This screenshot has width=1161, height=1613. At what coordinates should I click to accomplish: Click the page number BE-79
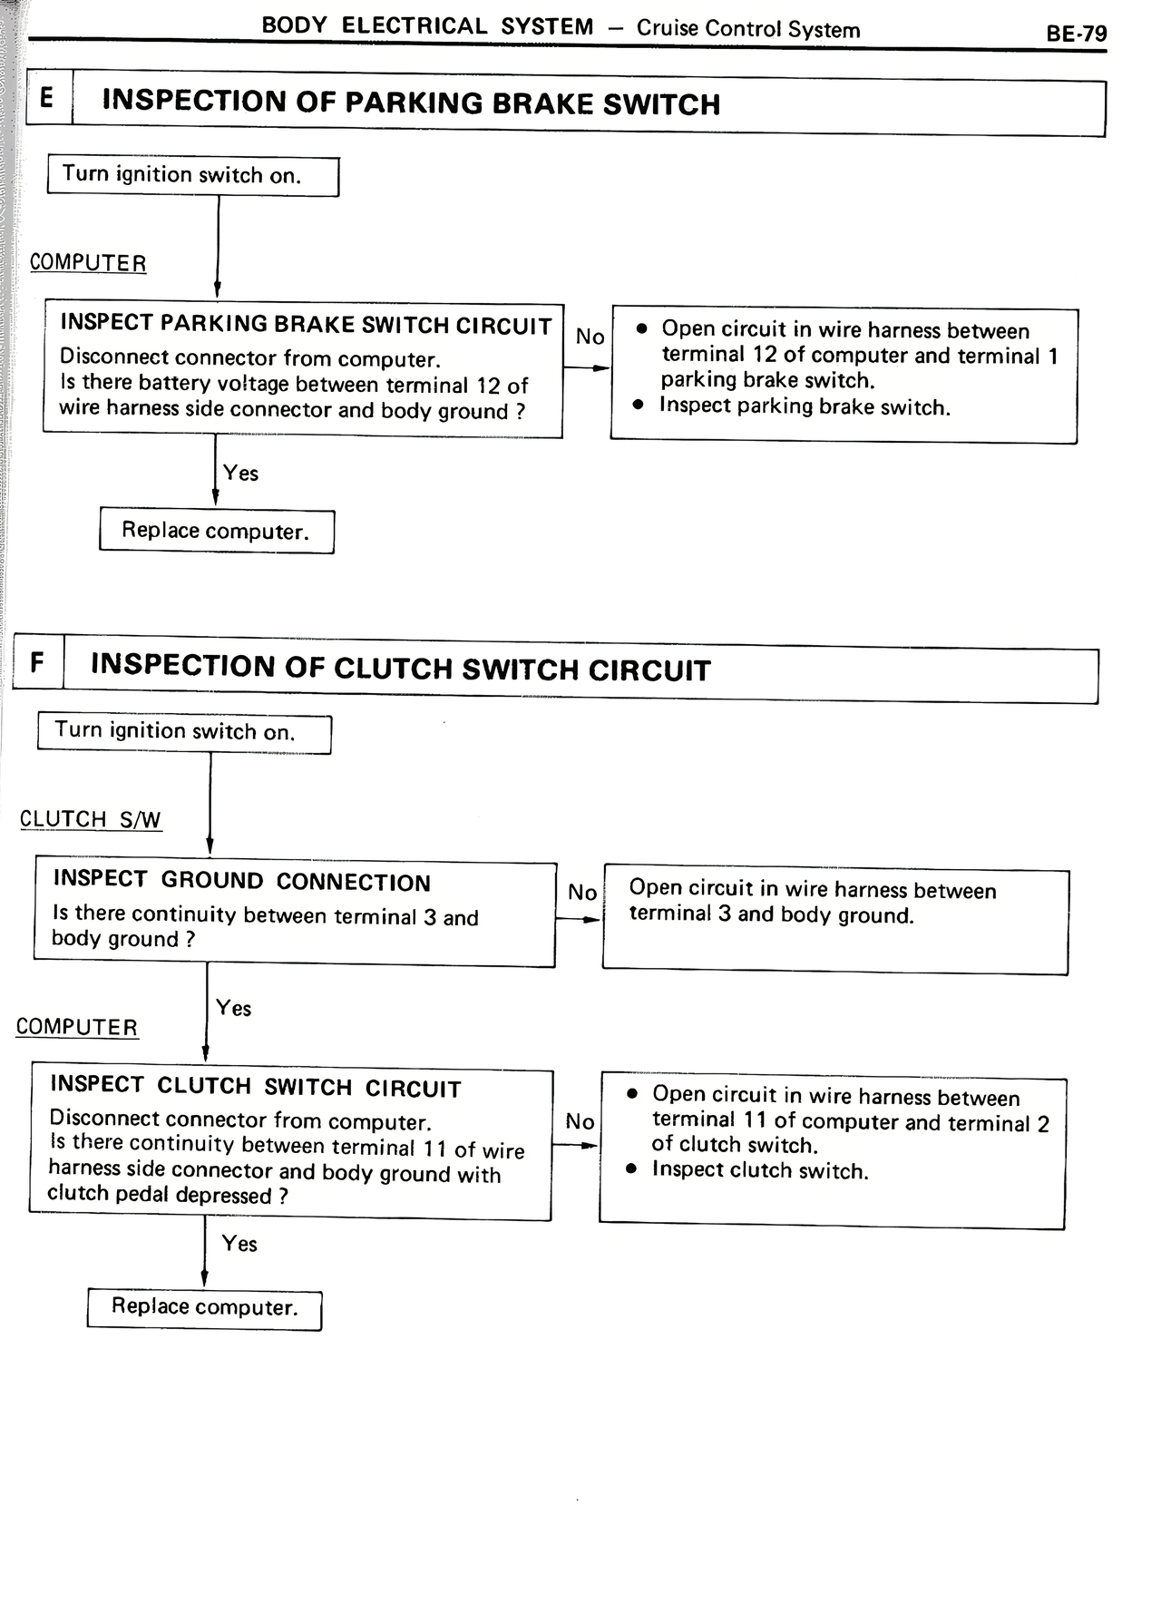[1076, 34]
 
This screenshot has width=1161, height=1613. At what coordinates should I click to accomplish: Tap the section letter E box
[47, 98]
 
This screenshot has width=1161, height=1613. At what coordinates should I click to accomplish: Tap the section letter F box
[37, 662]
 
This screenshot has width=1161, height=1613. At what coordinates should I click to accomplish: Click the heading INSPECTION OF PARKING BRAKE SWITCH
[411, 103]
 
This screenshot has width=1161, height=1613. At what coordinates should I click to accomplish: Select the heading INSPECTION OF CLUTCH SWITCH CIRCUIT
[400, 668]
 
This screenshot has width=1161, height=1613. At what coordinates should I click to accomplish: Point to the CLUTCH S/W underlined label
[90, 819]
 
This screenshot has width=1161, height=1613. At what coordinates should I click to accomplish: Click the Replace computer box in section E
[216, 531]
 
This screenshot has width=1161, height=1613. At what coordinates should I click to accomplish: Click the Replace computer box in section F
[204, 1307]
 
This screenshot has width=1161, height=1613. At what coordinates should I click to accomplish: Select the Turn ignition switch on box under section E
[192, 175]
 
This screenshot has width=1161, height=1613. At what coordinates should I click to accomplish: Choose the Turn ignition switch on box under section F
[183, 732]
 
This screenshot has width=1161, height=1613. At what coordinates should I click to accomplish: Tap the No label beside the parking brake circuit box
[590, 337]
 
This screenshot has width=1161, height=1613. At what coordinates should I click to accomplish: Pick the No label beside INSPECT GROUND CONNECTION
[581, 893]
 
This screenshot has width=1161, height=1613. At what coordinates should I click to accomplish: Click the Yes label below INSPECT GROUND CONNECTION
[233, 1008]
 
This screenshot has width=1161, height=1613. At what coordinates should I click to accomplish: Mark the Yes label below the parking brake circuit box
[240, 473]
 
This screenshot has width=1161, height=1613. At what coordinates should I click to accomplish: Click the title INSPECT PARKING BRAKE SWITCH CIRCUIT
[306, 325]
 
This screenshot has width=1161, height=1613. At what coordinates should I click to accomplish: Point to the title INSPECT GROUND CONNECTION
[241, 881]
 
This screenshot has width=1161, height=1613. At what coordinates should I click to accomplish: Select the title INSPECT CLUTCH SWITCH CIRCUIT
[256, 1087]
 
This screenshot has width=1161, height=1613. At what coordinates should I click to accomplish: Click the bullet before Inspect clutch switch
[632, 1170]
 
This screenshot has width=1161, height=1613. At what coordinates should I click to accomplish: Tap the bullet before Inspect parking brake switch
[639, 405]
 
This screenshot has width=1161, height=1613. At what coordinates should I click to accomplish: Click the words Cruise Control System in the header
[747, 29]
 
